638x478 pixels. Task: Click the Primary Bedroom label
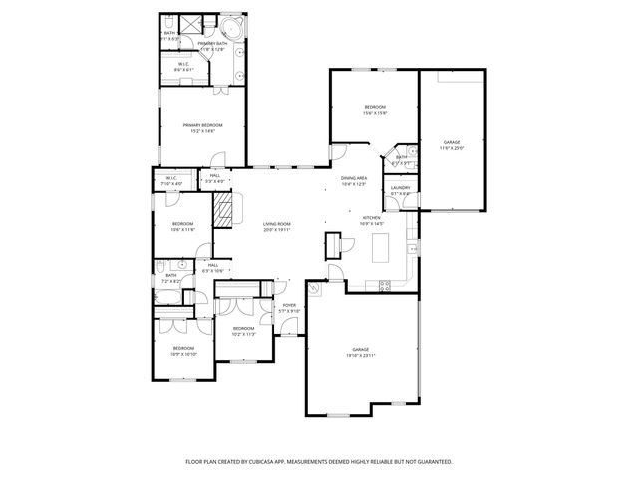pyautogui.click(x=202, y=126)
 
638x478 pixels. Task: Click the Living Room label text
pyautogui.click(x=276, y=227)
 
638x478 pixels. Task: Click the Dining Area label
pyautogui.click(x=355, y=180)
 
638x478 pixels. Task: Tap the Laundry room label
pyautogui.click(x=400, y=189)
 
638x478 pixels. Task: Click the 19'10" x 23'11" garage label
pyautogui.click(x=360, y=352)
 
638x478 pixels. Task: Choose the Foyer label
pyautogui.click(x=289, y=308)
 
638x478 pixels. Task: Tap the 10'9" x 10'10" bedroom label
pyautogui.click(x=183, y=351)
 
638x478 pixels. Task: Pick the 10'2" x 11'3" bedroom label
pyautogui.click(x=244, y=330)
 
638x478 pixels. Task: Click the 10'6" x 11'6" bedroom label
pyautogui.click(x=182, y=226)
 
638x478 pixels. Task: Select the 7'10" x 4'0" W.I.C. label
pyautogui.click(x=171, y=181)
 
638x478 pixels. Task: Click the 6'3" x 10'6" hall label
pyautogui.click(x=213, y=268)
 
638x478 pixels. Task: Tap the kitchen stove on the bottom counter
pyautogui.click(x=385, y=286)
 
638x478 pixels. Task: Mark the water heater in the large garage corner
pyautogui.click(x=314, y=289)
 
